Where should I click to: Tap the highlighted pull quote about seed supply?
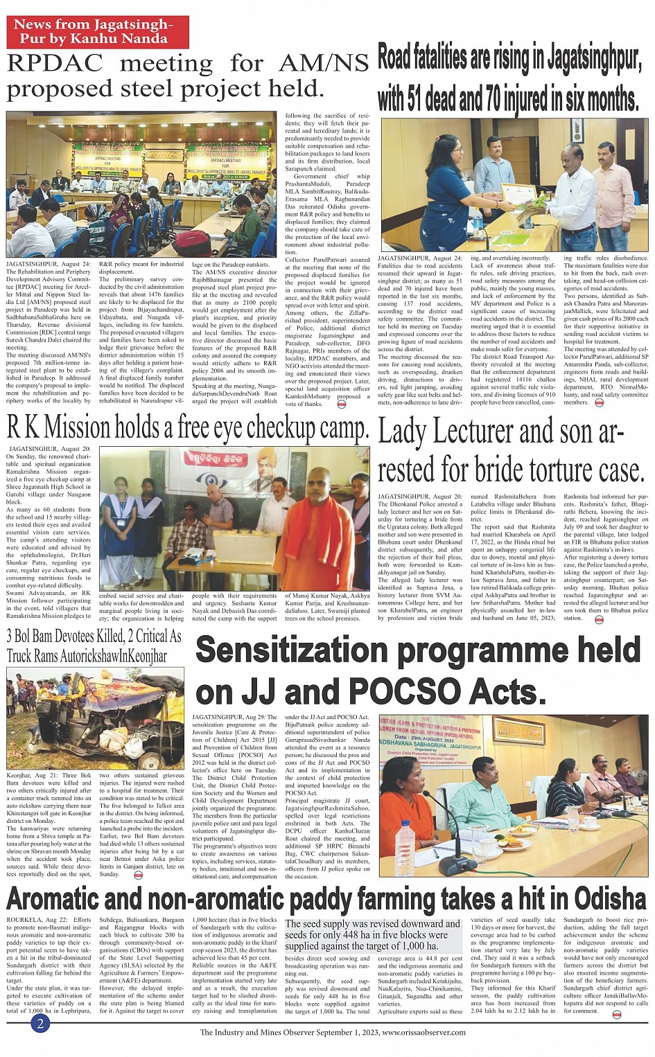click(x=373, y=934)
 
